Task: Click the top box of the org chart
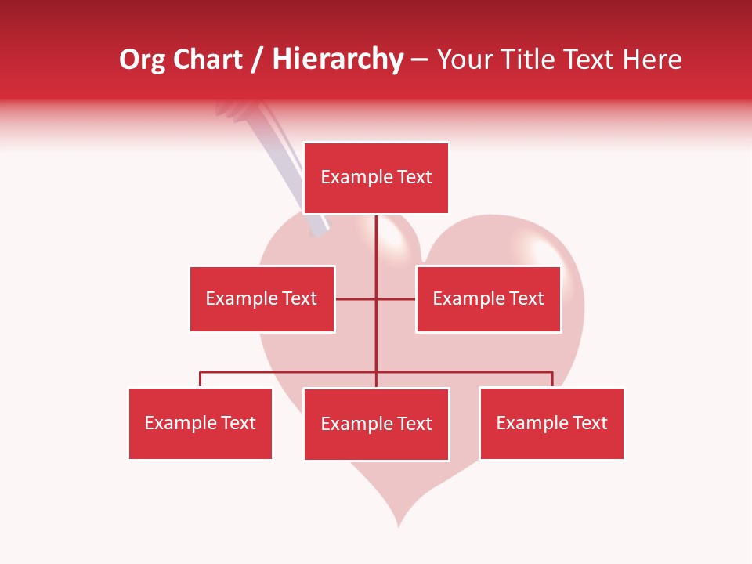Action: (x=376, y=178)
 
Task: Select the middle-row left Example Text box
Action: (x=262, y=298)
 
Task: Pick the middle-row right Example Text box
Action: (x=488, y=298)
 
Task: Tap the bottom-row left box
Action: (x=201, y=423)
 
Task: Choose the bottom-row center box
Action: (x=376, y=424)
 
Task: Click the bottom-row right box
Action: (x=551, y=423)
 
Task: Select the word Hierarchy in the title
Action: (x=338, y=60)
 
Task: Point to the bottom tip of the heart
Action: (x=399, y=523)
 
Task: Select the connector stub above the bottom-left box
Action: (x=201, y=379)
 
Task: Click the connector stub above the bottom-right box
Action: (x=552, y=379)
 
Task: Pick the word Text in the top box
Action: (x=414, y=178)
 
